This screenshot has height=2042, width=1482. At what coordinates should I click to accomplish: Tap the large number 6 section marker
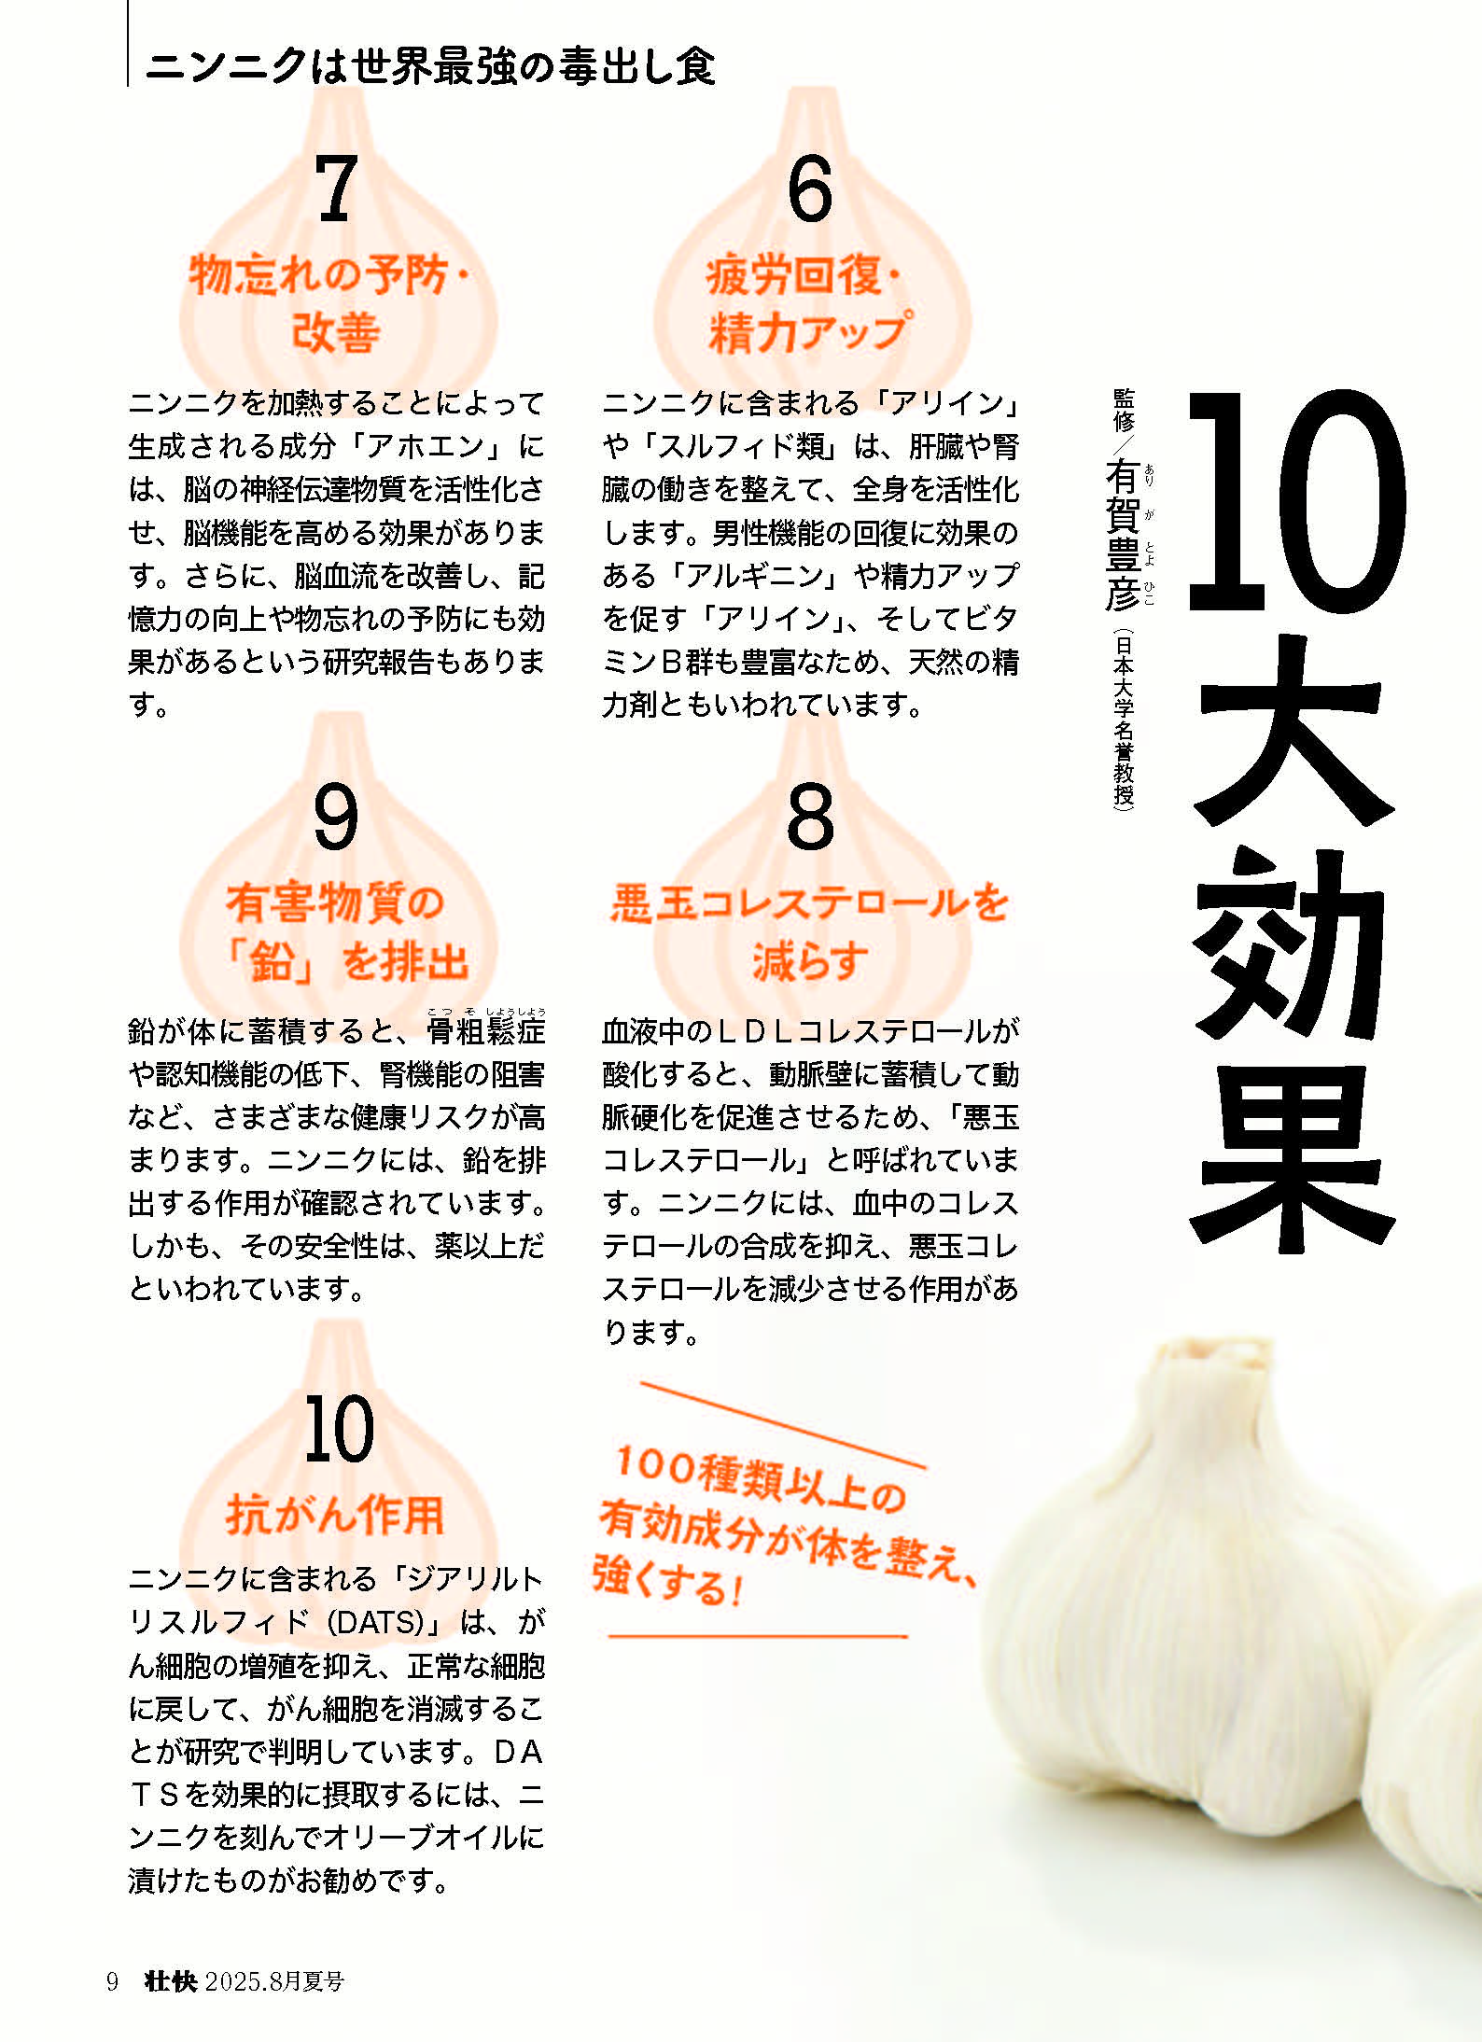809,189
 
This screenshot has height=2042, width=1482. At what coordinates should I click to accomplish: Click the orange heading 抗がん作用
335,1514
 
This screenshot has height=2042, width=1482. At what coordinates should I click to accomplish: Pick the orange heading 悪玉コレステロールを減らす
809,931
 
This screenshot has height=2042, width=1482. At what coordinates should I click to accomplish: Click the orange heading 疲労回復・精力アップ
807,304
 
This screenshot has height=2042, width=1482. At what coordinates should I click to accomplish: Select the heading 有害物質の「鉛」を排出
345,931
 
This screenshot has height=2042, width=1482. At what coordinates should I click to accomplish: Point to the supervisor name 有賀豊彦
1121,536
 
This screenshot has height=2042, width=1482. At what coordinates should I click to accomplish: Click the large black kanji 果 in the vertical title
1294,1155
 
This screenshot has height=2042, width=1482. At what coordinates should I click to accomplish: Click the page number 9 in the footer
112,1981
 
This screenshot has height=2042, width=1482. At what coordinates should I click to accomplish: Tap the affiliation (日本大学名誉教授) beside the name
1124,720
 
